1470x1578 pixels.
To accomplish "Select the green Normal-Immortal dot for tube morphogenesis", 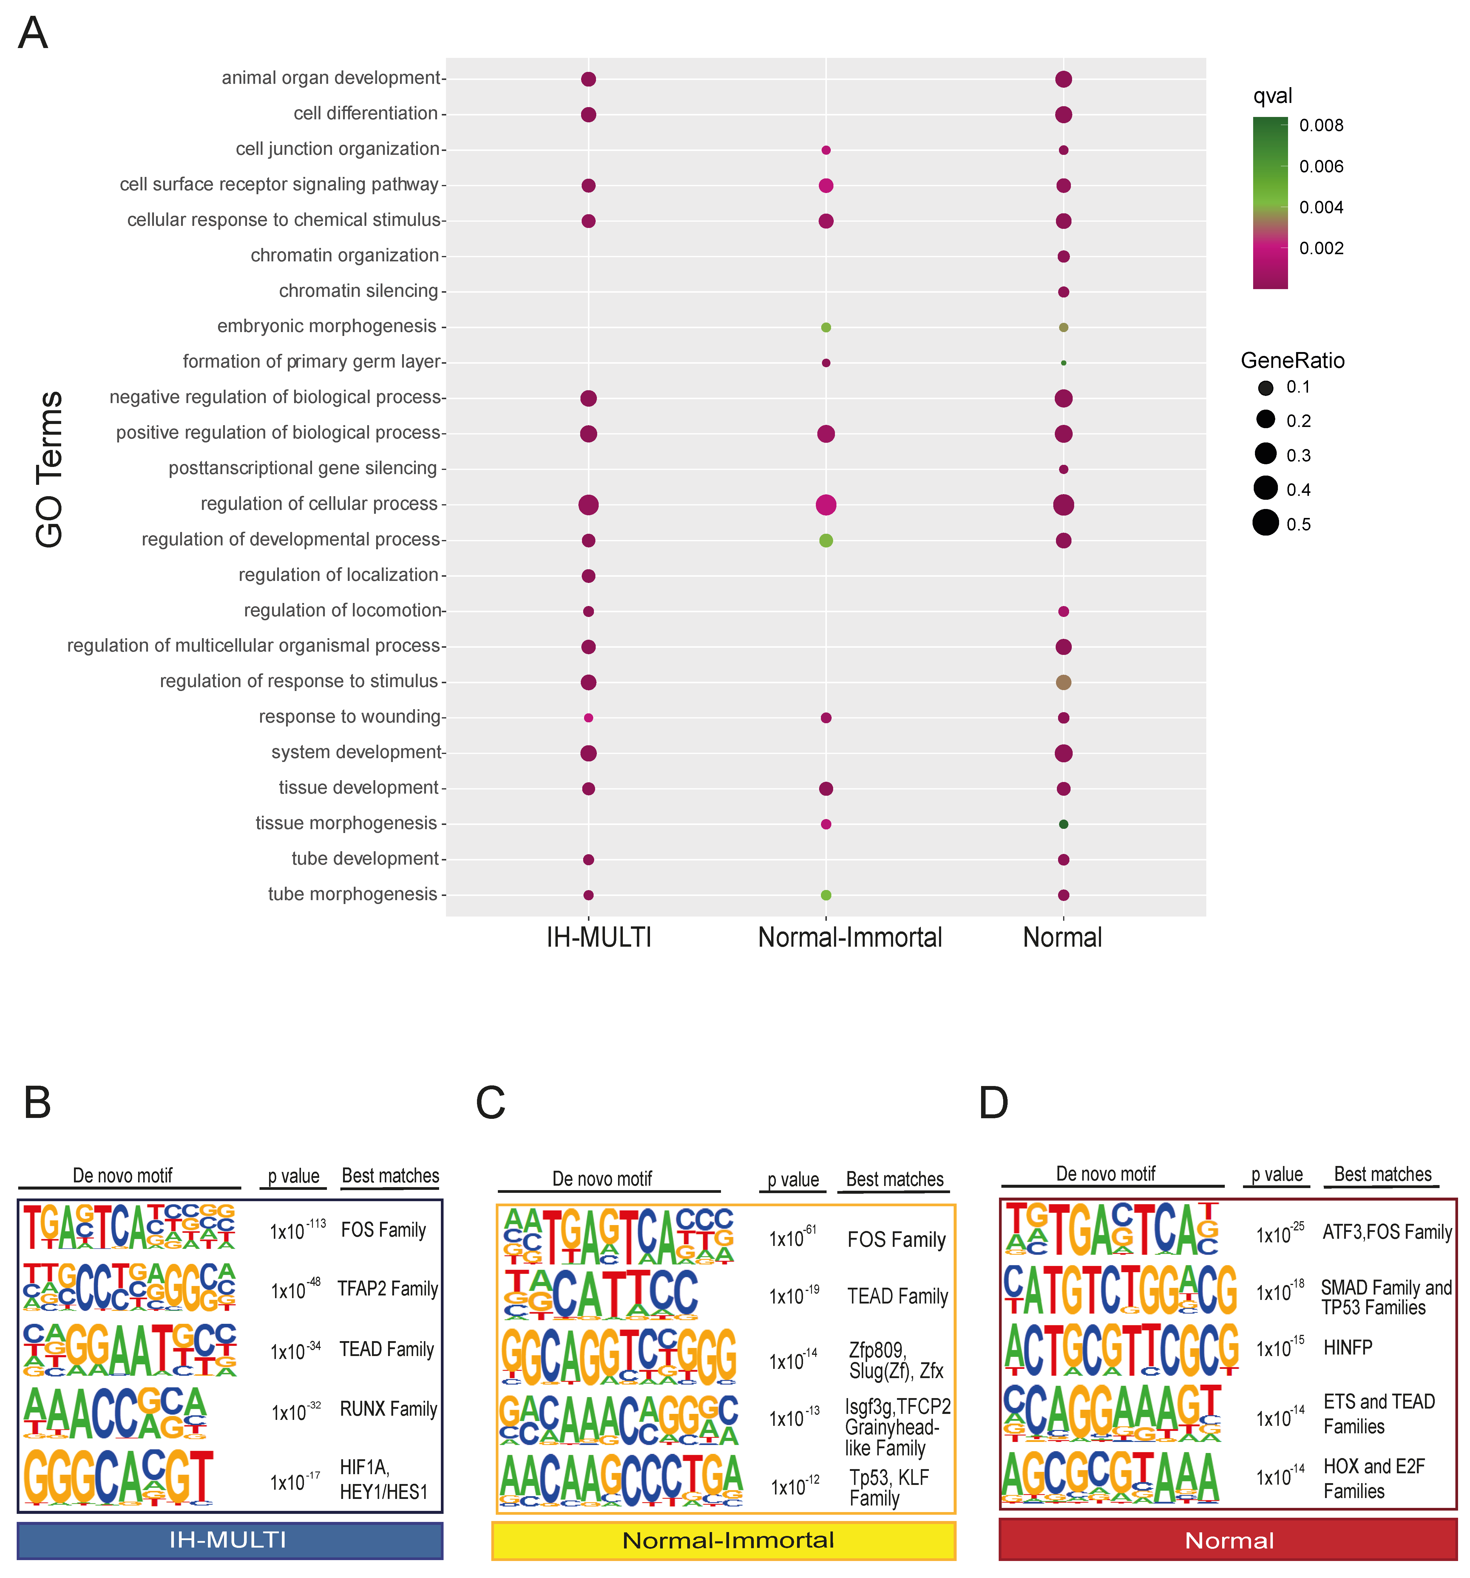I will [x=825, y=894].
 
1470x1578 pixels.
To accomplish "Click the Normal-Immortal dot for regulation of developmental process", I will [x=825, y=541].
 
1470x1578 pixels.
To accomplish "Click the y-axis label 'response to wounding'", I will [x=349, y=717].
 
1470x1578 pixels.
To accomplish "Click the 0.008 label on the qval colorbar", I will [x=1321, y=125].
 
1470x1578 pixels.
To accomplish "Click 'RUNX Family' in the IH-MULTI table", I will [x=388, y=1409].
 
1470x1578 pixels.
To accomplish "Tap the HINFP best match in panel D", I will [x=1347, y=1347].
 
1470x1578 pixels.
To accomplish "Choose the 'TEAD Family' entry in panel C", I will [x=897, y=1296].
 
